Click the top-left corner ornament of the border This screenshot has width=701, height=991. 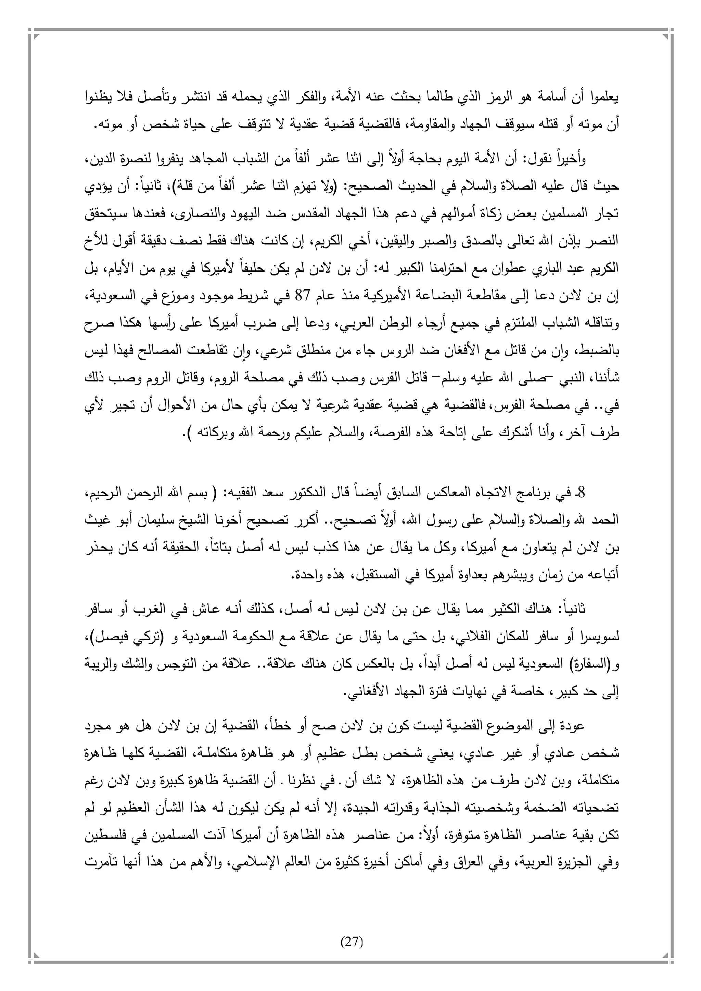pos(33,33)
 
